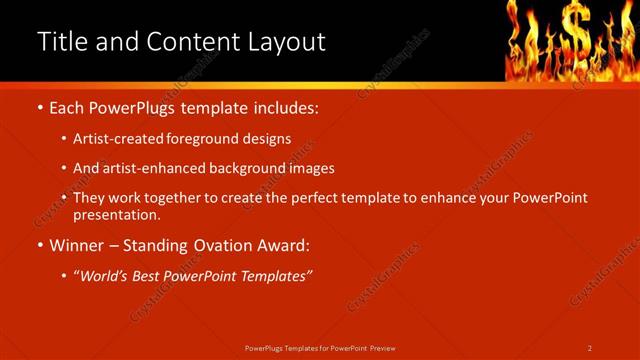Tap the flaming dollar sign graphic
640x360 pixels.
click(x=569, y=38)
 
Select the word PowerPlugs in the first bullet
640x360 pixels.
click(x=135, y=105)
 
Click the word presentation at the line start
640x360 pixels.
click(x=116, y=214)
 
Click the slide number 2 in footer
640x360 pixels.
click(x=589, y=348)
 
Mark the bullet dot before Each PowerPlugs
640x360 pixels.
click(x=39, y=106)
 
